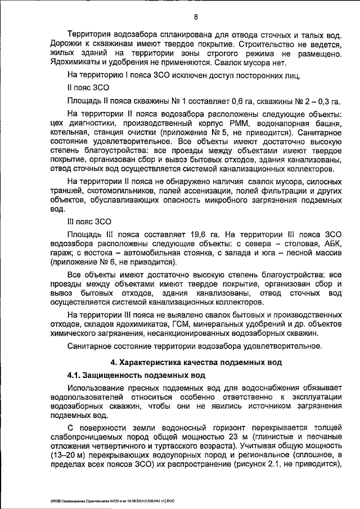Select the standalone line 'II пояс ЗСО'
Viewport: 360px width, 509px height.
click(x=85, y=88)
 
